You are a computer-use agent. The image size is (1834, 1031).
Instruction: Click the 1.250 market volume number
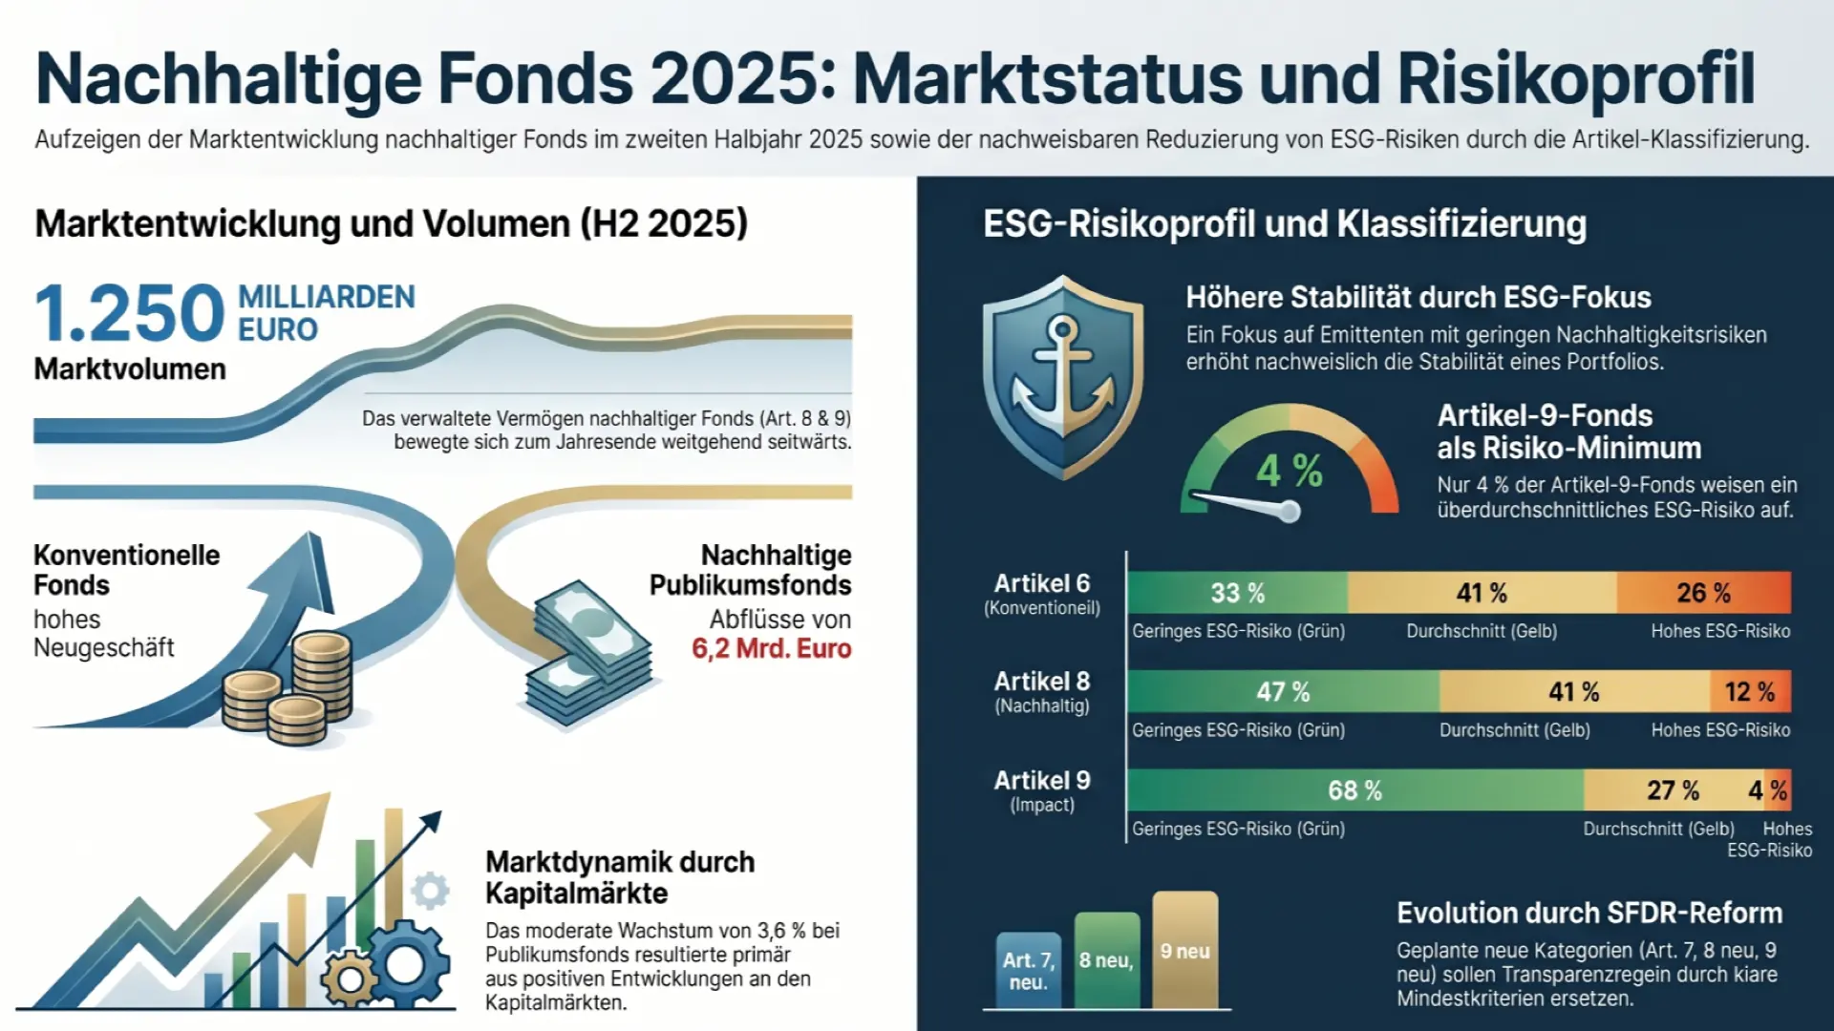(x=130, y=312)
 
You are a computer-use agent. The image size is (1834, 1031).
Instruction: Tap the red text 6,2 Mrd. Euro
(x=771, y=649)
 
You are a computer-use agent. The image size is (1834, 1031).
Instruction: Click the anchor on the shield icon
(x=1062, y=372)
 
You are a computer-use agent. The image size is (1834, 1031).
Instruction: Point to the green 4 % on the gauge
(x=1289, y=471)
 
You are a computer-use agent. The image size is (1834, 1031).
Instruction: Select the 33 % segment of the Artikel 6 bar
(x=1238, y=593)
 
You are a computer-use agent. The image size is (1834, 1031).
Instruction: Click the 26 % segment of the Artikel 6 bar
(x=1704, y=593)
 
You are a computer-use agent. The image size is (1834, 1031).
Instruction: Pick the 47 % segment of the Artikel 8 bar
(x=1284, y=691)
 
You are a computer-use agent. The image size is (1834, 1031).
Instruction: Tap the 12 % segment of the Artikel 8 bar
(x=1750, y=691)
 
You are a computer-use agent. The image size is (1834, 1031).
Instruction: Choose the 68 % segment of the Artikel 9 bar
(x=1355, y=790)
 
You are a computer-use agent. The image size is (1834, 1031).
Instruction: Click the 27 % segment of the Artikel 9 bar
(x=1674, y=790)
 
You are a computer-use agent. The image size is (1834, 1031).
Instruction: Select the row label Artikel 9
(x=1042, y=780)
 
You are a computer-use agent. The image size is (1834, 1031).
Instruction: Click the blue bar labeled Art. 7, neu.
(x=1029, y=970)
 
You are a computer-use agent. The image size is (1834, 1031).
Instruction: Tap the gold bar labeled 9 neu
(x=1185, y=950)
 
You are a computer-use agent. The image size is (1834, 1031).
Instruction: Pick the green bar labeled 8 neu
(x=1107, y=960)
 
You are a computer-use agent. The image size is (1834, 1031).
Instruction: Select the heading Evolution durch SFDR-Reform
(x=1589, y=914)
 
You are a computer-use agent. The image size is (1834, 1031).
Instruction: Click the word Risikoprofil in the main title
(x=1577, y=78)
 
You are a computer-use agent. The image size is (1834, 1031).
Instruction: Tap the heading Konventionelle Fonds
(x=127, y=570)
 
